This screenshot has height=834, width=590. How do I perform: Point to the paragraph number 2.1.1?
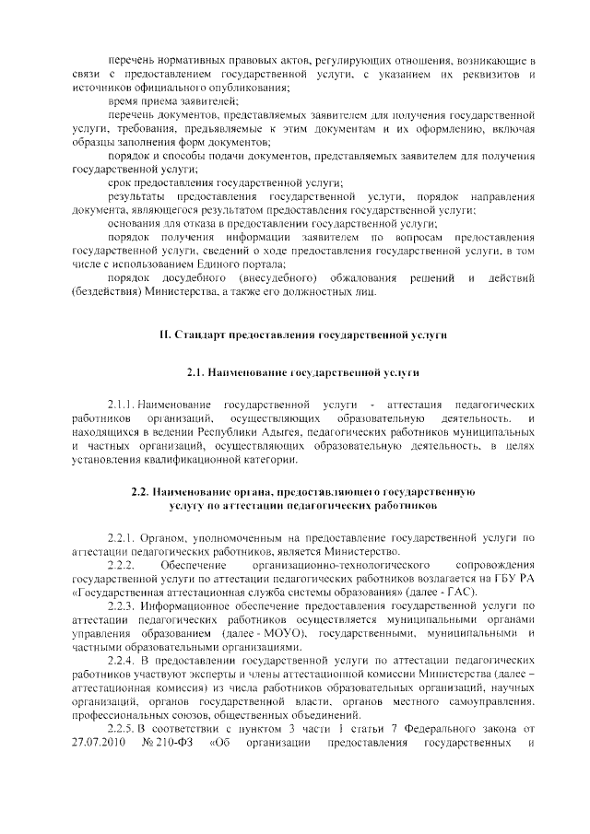[122, 405]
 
